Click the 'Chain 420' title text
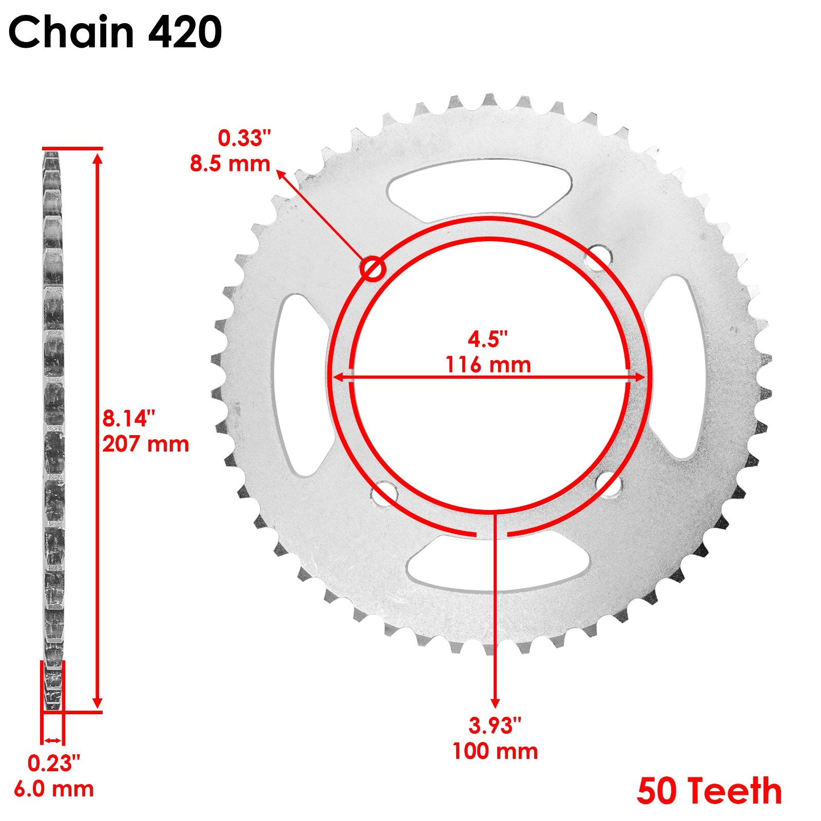pos(115,32)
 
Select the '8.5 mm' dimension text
pos(230,164)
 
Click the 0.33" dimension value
pos(244,139)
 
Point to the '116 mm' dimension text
pos(487,365)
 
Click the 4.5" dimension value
pos(487,339)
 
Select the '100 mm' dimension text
pos(495,751)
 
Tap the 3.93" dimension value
pos(495,726)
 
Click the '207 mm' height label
pos(146,444)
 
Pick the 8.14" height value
pos(128,418)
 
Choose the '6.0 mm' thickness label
pos(53,789)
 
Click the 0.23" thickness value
pos(53,764)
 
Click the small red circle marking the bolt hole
pos(373,269)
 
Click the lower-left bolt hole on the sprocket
pos(384,494)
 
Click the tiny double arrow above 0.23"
pos(52,740)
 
